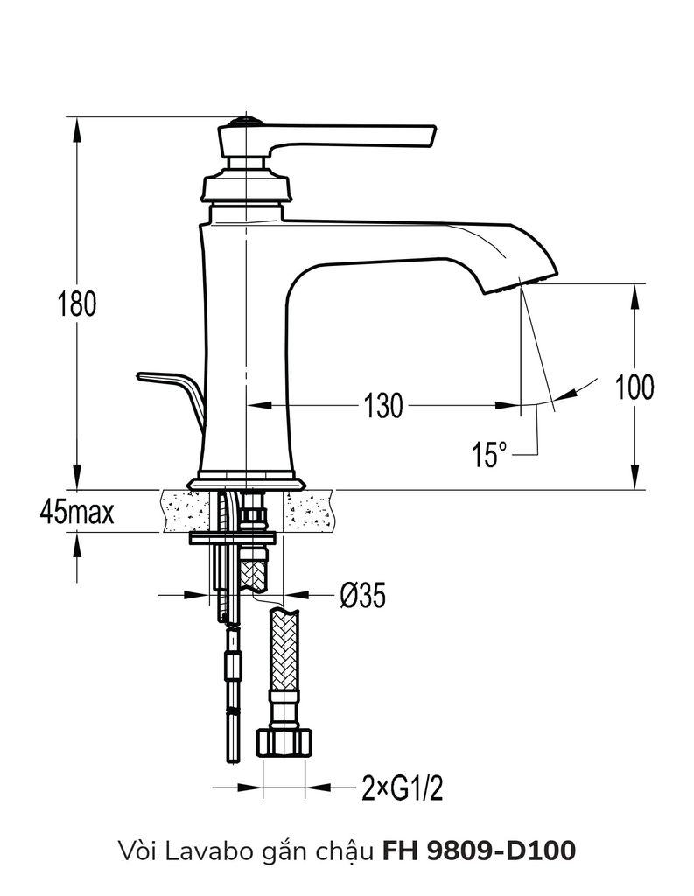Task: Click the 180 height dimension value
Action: click(76, 304)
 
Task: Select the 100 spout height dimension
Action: click(634, 386)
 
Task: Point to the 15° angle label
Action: click(489, 455)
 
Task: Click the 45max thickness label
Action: click(76, 511)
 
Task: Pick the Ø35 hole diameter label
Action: click(361, 596)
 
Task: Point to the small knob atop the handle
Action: click(246, 121)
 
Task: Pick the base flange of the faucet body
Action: click(247, 480)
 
